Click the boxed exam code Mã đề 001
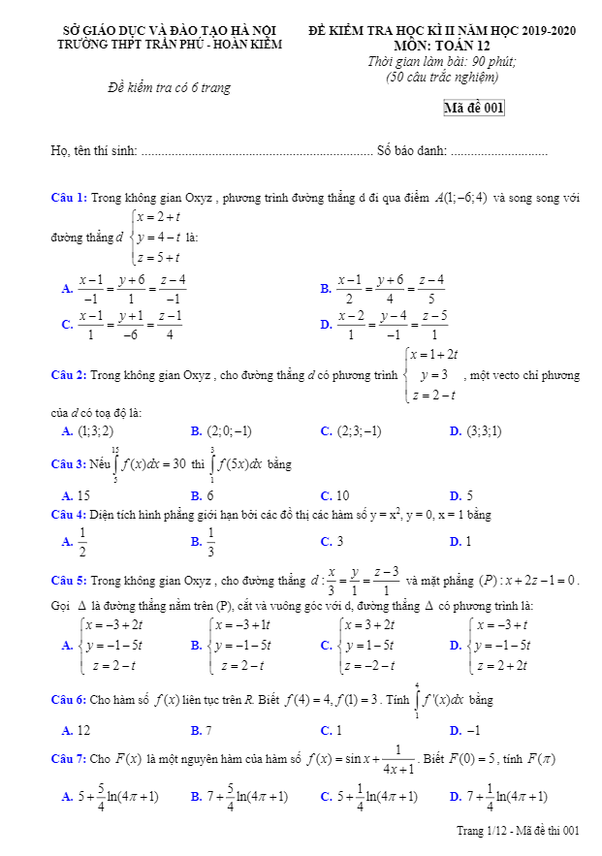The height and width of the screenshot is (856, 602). point(474,109)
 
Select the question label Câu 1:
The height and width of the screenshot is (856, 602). point(69,198)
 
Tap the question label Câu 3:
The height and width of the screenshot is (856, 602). point(69,465)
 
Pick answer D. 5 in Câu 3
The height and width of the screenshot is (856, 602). point(461,495)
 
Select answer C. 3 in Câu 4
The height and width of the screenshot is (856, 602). point(333,542)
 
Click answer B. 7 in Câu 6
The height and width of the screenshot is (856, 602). point(202,730)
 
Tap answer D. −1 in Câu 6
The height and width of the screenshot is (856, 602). point(464,730)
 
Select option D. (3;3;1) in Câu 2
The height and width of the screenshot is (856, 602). point(475,431)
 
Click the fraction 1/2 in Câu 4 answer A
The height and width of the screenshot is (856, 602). point(82,542)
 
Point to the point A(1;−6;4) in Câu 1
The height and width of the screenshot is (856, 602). point(460,198)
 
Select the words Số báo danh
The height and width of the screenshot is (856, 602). point(412,150)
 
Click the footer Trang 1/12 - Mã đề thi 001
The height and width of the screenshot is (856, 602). point(518,831)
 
